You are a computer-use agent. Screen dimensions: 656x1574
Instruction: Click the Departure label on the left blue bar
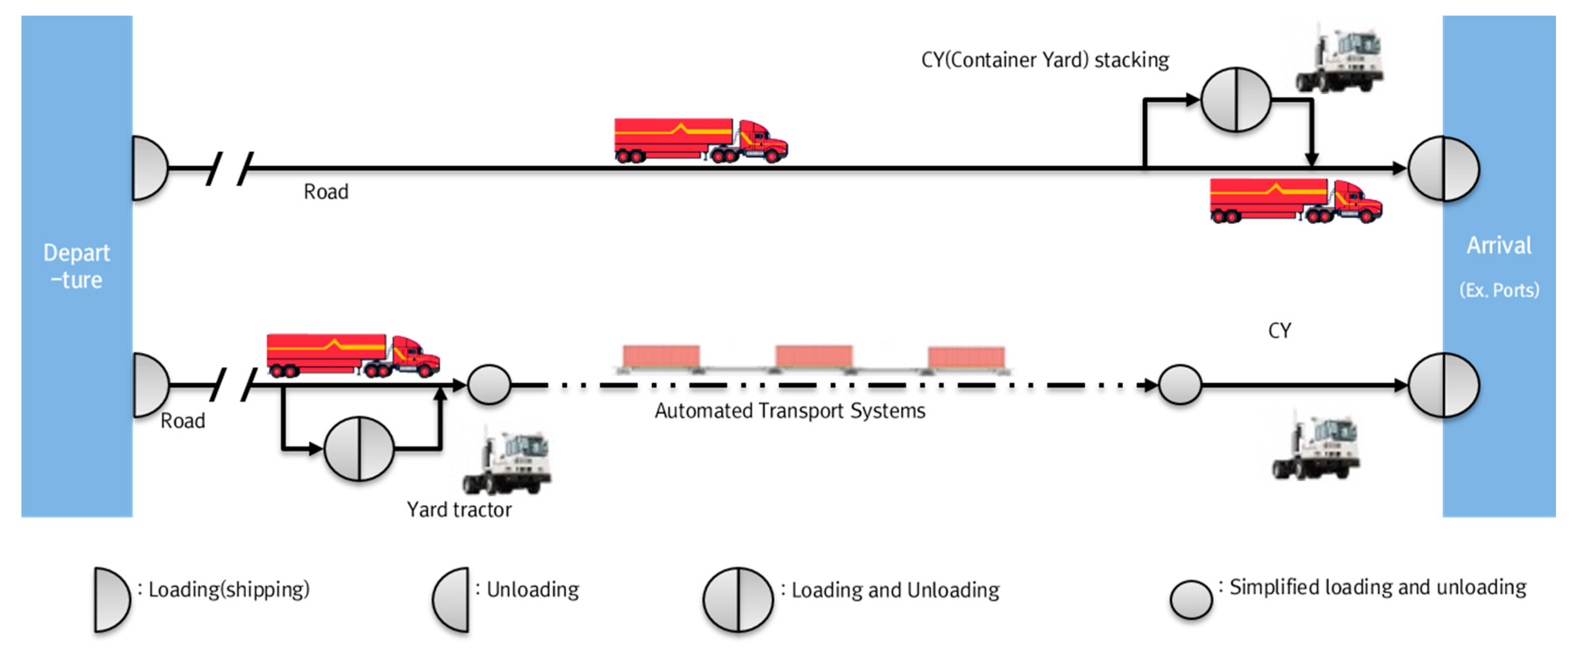(76, 266)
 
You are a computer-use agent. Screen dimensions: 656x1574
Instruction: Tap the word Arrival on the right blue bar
(1499, 246)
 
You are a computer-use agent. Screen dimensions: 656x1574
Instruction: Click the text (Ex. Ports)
(1499, 290)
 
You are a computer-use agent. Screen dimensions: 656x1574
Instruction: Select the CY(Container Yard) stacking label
(1044, 60)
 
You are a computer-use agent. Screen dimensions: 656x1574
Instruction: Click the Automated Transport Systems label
(790, 411)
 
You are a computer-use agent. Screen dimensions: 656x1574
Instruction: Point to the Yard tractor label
(459, 509)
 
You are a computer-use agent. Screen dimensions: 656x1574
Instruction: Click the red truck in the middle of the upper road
(700, 140)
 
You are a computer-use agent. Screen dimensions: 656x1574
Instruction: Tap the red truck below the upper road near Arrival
(1296, 201)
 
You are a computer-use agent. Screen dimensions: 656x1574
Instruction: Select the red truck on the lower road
(353, 355)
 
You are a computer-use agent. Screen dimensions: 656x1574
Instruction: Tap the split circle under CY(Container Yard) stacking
(1236, 100)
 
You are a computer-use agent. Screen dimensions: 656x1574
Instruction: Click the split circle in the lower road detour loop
(359, 449)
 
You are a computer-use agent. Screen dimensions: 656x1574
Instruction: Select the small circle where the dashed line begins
(489, 384)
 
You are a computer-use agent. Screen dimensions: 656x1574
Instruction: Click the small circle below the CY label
(1180, 384)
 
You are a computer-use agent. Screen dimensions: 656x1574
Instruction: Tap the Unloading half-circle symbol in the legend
(452, 599)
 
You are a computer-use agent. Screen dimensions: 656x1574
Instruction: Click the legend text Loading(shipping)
(228, 589)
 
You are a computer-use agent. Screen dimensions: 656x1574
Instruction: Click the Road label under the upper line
(326, 192)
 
